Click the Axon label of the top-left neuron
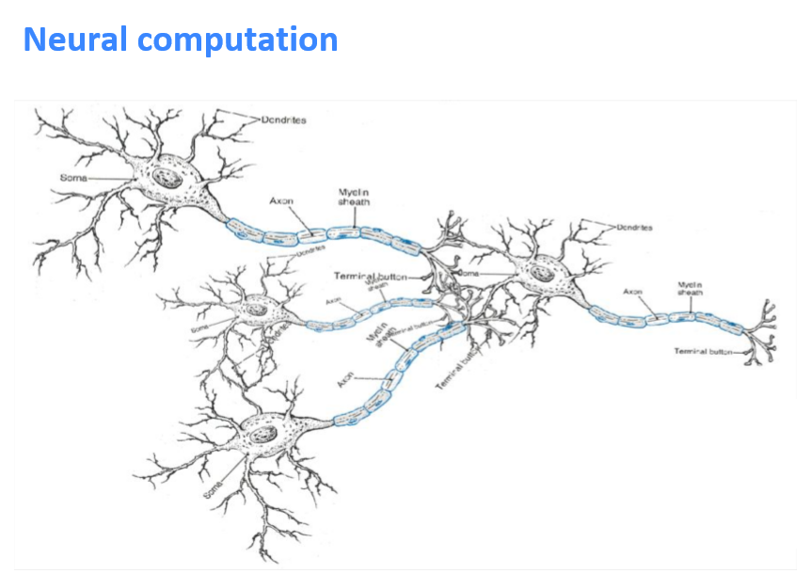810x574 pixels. pyautogui.click(x=281, y=200)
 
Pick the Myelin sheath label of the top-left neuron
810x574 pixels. pyautogui.click(x=354, y=197)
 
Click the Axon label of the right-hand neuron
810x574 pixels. pyautogui.click(x=632, y=292)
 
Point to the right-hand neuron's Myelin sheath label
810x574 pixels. pyautogui.click(x=690, y=288)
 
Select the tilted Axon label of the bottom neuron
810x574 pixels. pyautogui.click(x=345, y=380)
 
